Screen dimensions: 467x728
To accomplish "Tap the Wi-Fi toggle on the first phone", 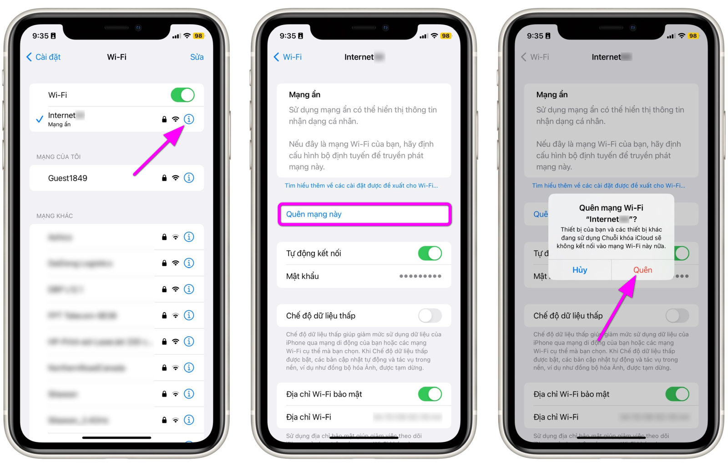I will (x=182, y=95).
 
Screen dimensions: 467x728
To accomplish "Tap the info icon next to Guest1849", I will (x=189, y=178).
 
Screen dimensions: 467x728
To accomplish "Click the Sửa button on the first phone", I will (x=197, y=57).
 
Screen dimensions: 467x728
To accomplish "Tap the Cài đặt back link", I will (x=44, y=57).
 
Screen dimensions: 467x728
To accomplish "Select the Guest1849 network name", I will (x=68, y=178).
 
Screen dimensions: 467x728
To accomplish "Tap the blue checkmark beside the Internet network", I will (x=40, y=119).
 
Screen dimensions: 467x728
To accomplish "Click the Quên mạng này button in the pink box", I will (x=314, y=214).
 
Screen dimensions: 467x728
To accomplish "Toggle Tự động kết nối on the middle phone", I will (x=430, y=254).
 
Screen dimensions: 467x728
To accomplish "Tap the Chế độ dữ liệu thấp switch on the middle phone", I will (x=430, y=316).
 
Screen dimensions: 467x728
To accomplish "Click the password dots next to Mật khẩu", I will (x=420, y=276).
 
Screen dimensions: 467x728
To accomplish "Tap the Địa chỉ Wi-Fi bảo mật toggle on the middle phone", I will (x=430, y=394).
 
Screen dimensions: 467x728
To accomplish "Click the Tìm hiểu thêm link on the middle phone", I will (x=361, y=186).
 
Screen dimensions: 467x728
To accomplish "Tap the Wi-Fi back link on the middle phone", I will (x=288, y=57).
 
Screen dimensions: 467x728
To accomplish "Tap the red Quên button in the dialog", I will (x=642, y=270).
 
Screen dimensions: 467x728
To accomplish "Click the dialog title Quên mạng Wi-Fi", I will (x=611, y=208).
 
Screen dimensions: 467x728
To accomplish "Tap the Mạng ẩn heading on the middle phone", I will (x=304, y=95).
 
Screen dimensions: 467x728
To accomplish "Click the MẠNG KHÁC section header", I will (x=55, y=216).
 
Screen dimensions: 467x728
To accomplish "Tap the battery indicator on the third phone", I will (x=693, y=36).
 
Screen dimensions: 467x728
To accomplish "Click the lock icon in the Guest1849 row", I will (x=164, y=178).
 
